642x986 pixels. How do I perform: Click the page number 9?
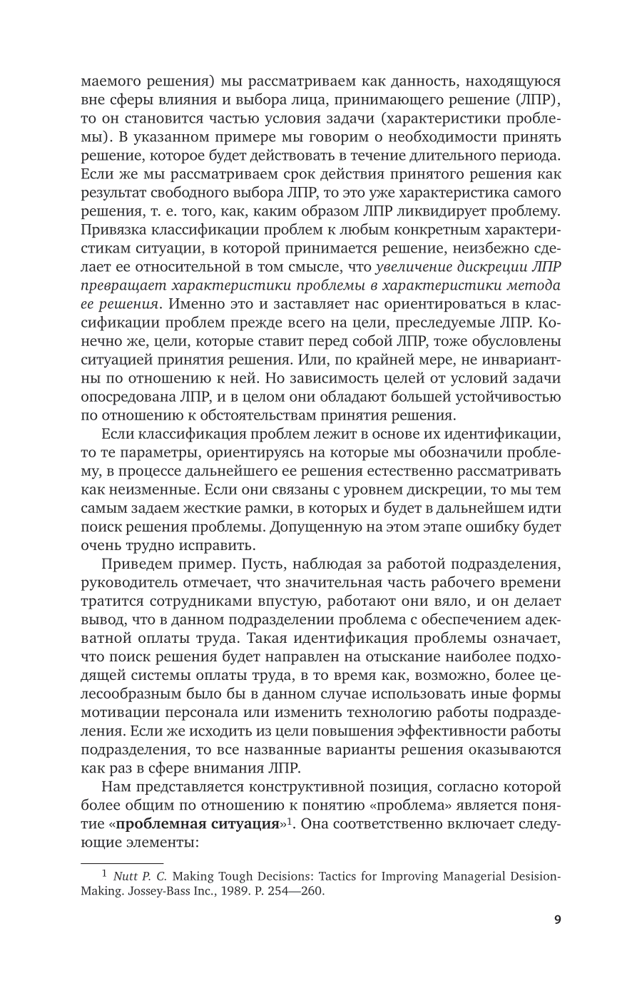(557, 920)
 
